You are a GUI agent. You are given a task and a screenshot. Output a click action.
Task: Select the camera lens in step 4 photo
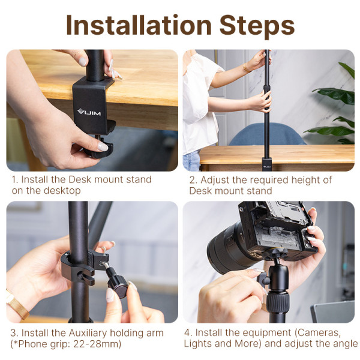pos(226,246)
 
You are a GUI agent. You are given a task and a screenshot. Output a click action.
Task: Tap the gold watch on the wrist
pos(17,306)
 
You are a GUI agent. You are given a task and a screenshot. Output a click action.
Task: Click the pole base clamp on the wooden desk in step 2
pos(266,163)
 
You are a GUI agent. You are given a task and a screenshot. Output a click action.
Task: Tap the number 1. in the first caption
pos(15,179)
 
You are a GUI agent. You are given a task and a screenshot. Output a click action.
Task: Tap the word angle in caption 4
pos(344,343)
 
